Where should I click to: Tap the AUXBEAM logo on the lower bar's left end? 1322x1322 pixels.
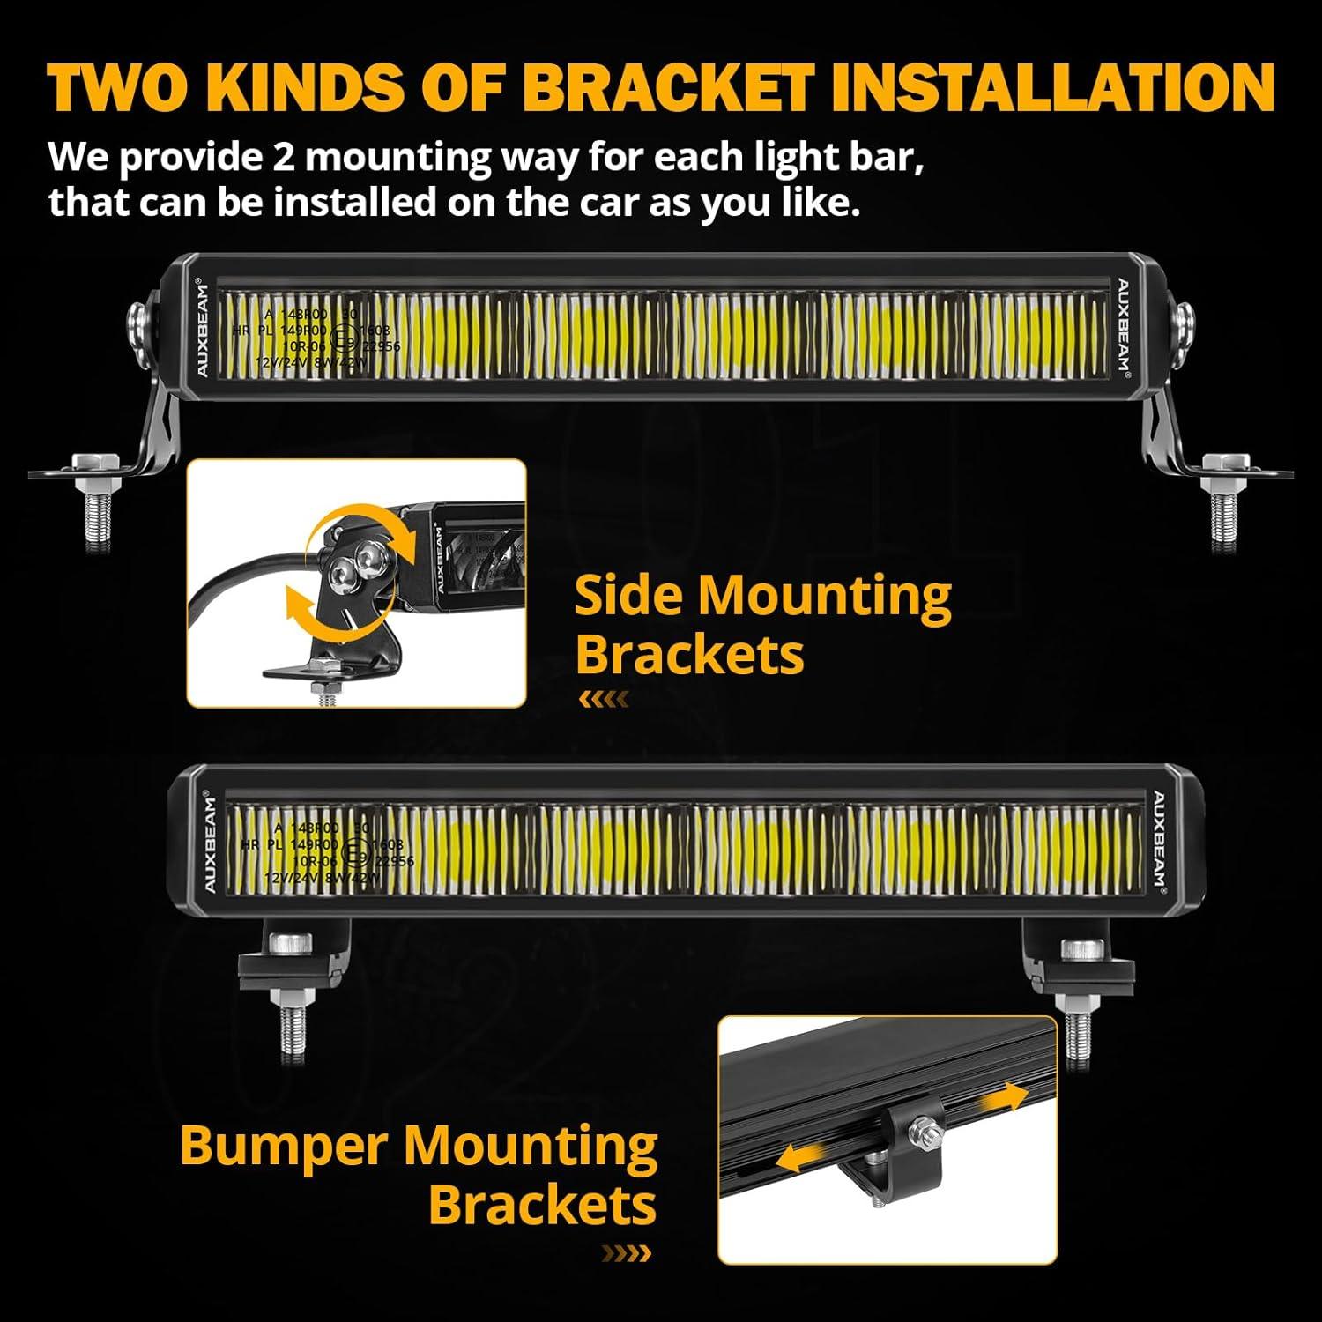210,843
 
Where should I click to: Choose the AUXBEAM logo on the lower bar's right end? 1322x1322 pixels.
1159,842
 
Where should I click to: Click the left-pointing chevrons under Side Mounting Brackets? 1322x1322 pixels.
604,700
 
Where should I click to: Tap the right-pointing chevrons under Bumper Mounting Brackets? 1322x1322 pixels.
627,1252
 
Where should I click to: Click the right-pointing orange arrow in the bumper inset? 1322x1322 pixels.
1006,1098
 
